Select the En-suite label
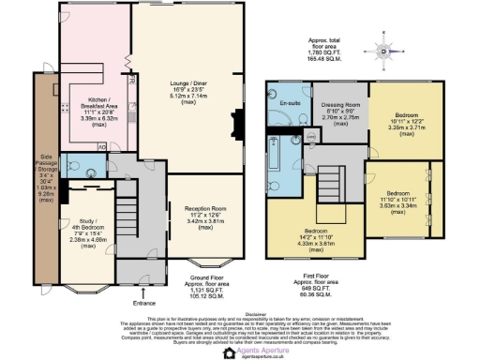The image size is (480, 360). click(x=289, y=103)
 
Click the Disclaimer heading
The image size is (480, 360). click(x=239, y=313)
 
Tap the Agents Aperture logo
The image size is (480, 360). click(x=240, y=349)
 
